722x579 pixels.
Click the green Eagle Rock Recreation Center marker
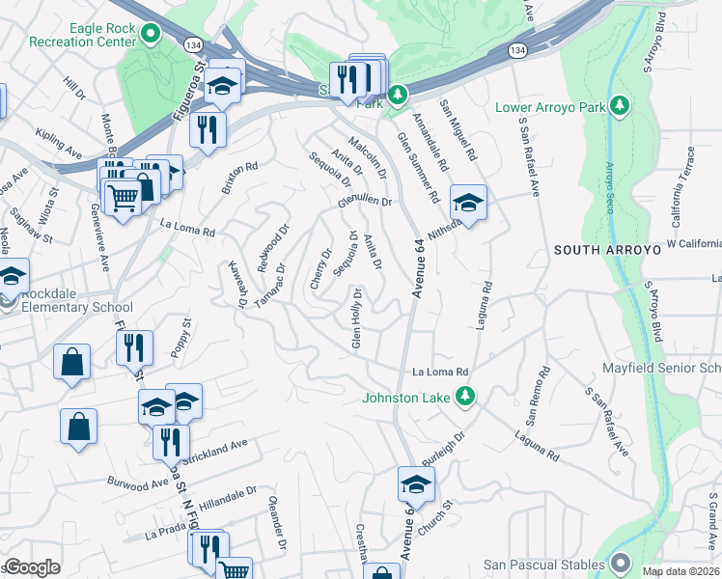tap(150, 36)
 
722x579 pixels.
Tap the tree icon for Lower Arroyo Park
tap(619, 106)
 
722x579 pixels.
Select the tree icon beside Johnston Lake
tap(465, 397)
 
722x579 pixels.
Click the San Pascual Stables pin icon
tap(619, 564)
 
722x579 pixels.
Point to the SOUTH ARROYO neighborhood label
tap(606, 250)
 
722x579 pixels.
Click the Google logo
tap(32, 567)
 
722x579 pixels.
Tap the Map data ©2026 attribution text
tap(680, 570)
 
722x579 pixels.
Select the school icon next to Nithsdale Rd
tap(468, 204)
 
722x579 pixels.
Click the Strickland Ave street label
tap(218, 448)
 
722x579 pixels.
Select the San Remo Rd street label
tap(536, 397)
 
